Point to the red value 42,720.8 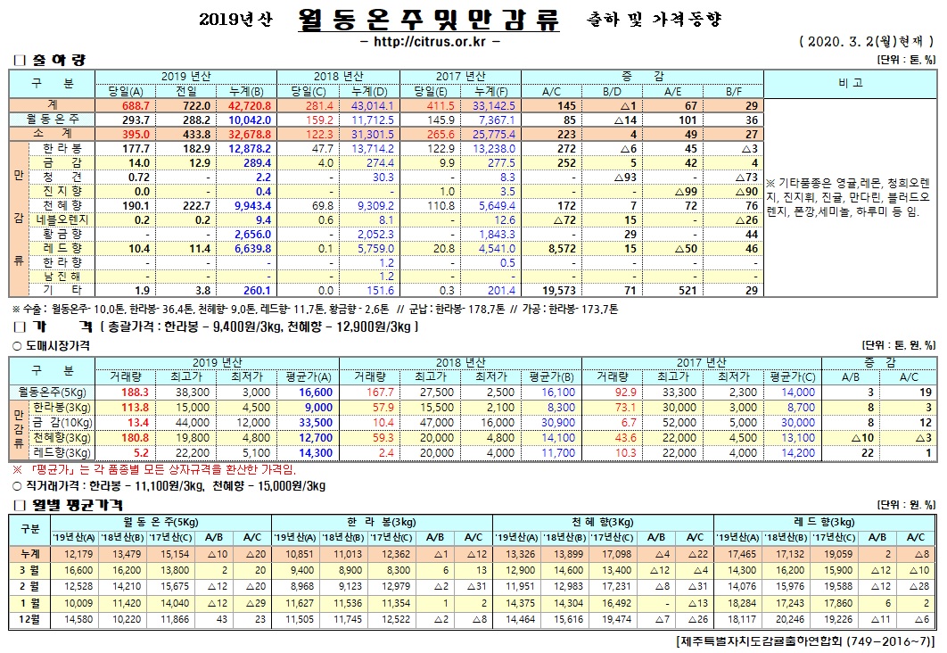[250, 105]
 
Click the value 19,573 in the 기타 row [554, 290]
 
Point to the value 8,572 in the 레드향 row [556, 247]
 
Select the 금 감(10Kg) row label [61, 421]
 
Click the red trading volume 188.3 [134, 392]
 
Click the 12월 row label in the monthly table [29, 617]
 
